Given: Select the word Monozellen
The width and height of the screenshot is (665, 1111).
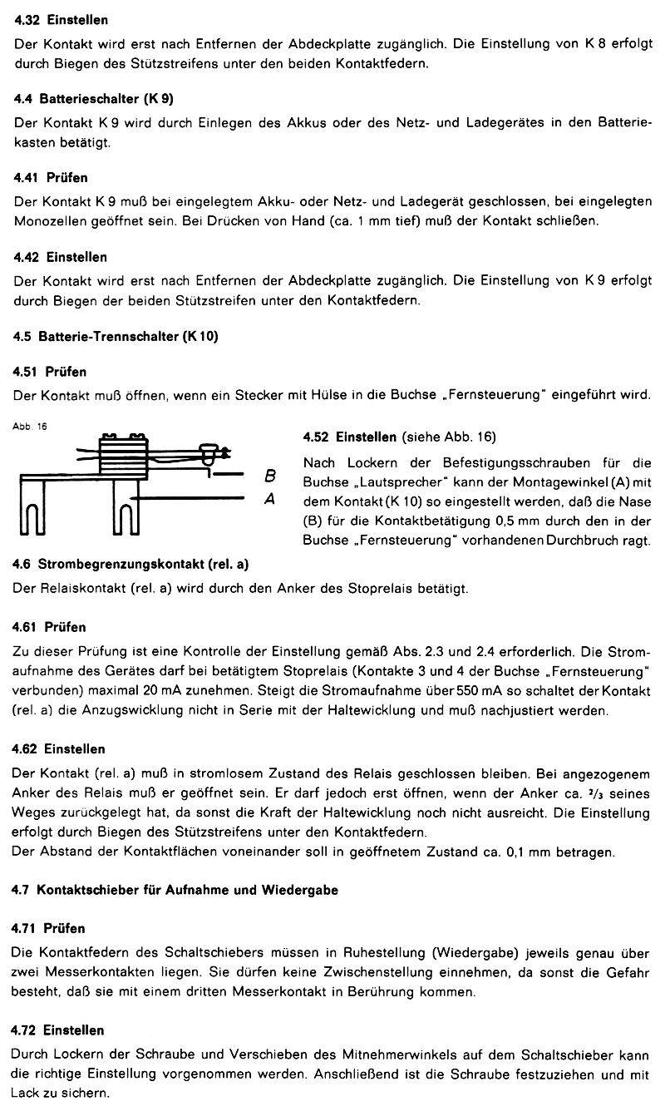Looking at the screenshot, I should (x=47, y=221).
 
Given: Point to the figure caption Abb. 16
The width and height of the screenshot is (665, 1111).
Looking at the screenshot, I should (x=30, y=427).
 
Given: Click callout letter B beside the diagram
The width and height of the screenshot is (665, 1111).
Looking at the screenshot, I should (x=269, y=476).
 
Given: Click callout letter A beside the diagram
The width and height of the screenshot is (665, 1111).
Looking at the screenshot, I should (x=269, y=499).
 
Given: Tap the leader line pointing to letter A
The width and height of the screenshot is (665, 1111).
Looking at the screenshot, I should (x=191, y=498).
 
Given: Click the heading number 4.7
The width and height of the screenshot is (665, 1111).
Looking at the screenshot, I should (x=22, y=891).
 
